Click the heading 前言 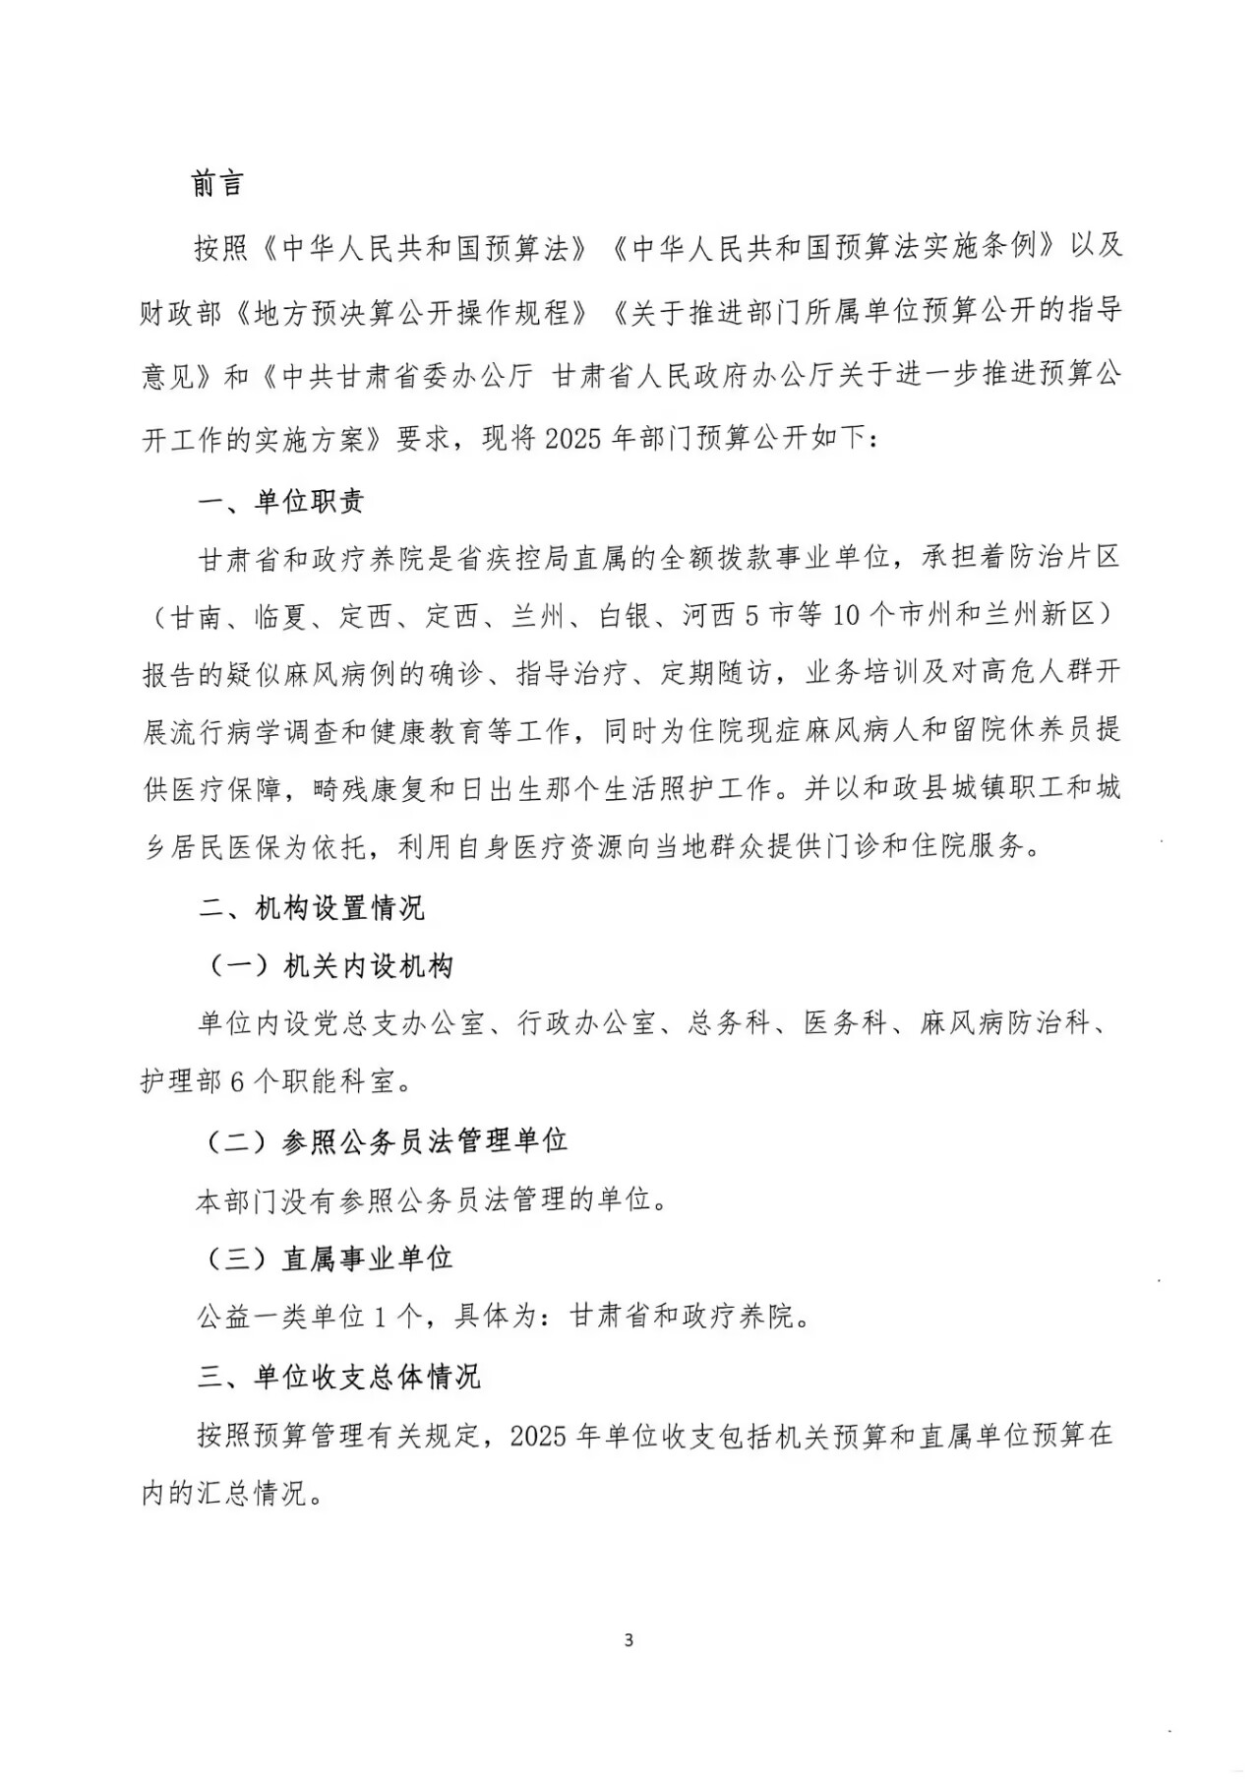[x=217, y=184]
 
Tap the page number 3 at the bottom [x=629, y=1640]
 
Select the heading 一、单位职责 [x=281, y=502]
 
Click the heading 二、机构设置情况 [x=311, y=907]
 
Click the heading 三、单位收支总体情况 [x=338, y=1376]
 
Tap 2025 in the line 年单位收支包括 [x=540, y=1436]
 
